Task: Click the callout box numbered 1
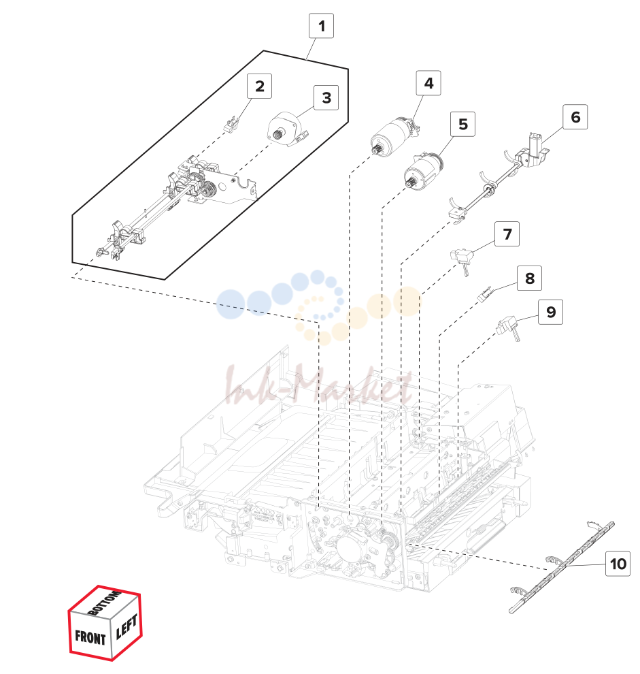point(321,26)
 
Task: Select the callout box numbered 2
point(259,86)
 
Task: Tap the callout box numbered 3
point(326,97)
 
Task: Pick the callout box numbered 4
point(428,83)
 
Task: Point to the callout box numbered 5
point(462,124)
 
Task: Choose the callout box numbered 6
point(575,117)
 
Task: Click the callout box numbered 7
point(507,234)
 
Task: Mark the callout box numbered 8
point(529,278)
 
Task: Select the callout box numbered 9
point(550,312)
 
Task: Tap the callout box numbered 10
point(618,564)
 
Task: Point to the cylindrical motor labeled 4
point(393,136)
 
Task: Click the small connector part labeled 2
point(231,124)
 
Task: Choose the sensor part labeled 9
point(509,328)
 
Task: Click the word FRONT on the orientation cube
point(90,637)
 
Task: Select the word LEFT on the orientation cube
point(127,626)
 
